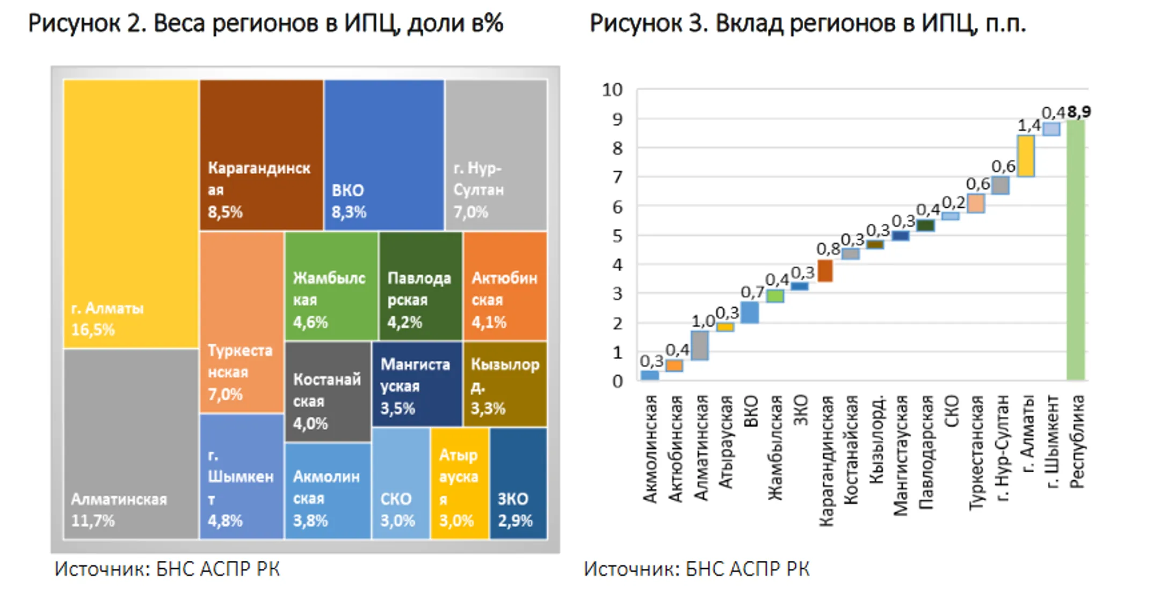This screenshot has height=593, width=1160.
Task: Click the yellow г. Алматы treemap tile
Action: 131,214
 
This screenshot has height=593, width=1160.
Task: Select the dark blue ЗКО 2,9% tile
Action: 518,483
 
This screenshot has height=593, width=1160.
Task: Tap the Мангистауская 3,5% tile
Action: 417,384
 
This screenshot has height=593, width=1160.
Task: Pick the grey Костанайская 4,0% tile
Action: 328,392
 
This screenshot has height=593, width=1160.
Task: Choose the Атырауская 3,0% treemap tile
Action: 459,483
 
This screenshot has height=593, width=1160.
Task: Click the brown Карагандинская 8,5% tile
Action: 262,155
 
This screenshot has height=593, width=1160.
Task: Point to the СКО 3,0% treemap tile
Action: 401,483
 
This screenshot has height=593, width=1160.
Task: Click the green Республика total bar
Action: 1076,250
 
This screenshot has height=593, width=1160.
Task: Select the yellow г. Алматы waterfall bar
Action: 1026,156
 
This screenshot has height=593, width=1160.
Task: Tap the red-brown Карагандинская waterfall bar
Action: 825,270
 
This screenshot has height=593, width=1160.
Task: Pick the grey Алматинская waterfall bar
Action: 700,345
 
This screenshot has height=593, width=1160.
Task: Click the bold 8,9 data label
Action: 1079,112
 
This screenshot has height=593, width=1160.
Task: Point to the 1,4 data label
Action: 1029,126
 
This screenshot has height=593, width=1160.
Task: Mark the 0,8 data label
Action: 828,249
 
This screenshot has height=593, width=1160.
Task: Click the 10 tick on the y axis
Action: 612,90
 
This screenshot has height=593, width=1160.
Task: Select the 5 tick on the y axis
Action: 618,236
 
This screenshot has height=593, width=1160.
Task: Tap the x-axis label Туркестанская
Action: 976,453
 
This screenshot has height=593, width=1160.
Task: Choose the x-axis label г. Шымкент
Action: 1052,442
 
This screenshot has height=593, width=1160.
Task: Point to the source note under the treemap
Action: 167,569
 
